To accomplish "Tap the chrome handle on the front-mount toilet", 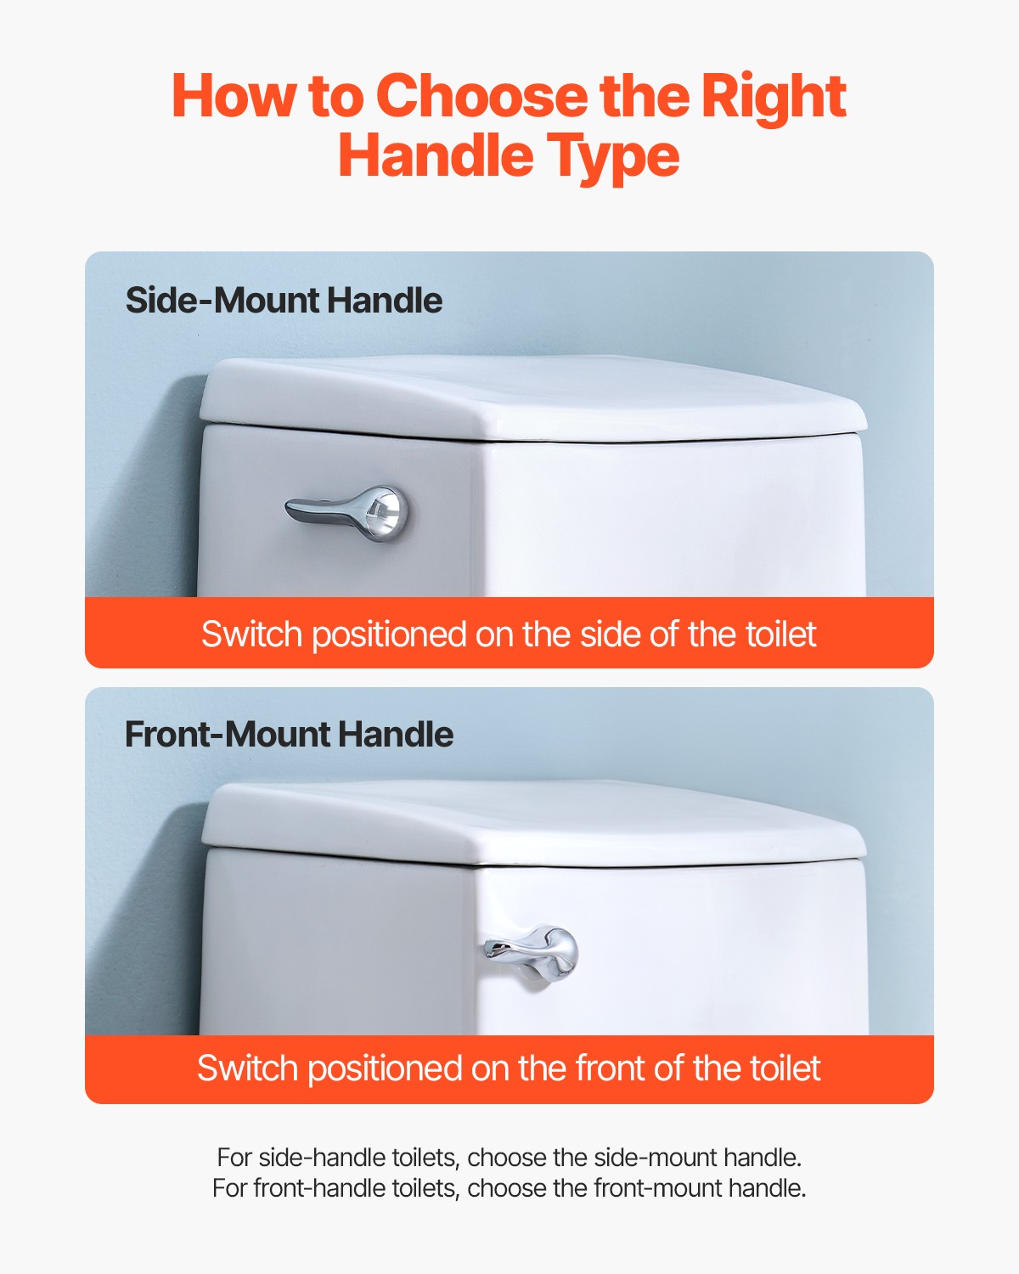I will tap(533, 951).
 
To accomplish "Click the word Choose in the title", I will tap(481, 96).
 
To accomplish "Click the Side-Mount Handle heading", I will tap(284, 301).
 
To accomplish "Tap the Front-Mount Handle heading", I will tap(289, 735).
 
